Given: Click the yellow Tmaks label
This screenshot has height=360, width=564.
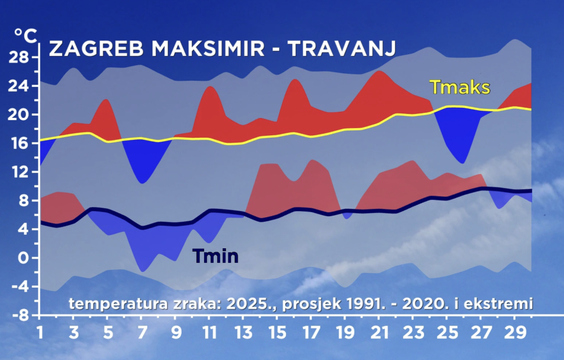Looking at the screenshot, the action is pyautogui.click(x=460, y=87).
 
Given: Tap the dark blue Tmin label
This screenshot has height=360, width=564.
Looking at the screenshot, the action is pyautogui.click(x=215, y=256).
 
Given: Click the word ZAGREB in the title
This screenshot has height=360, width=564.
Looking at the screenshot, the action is pyautogui.click(x=96, y=49).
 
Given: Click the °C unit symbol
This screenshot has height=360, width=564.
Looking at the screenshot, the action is pyautogui.click(x=25, y=36).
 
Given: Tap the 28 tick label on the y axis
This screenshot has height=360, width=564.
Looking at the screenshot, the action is pyautogui.click(x=19, y=57).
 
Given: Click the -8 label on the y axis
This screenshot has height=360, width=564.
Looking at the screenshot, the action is pyautogui.click(x=21, y=316).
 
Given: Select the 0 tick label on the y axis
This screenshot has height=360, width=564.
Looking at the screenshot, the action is pyautogui.click(x=23, y=258).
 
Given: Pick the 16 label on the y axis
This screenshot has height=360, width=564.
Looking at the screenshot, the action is pyautogui.click(x=19, y=143).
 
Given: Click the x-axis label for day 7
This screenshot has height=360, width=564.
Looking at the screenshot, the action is pyautogui.click(x=142, y=333).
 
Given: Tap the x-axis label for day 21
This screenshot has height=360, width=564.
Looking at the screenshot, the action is pyautogui.click(x=379, y=333).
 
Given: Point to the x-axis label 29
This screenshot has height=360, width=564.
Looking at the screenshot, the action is pyautogui.click(x=515, y=333).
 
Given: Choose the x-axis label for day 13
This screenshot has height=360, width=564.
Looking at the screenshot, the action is pyautogui.click(x=244, y=333).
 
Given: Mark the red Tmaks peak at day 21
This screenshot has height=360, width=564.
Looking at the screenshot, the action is pyautogui.click(x=380, y=71).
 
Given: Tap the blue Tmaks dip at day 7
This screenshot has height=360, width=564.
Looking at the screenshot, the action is pyautogui.click(x=143, y=182).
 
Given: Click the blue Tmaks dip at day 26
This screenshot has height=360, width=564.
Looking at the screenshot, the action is pyautogui.click(x=462, y=163).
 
